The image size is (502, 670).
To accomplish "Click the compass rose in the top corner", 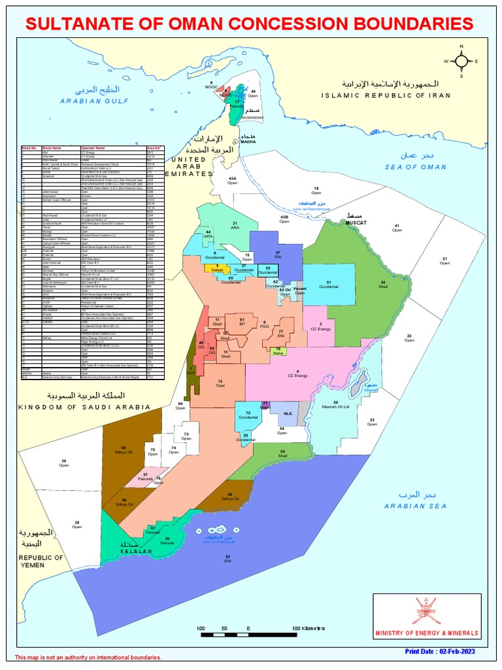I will point(461,61).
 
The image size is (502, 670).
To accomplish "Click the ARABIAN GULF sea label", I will point(95,101).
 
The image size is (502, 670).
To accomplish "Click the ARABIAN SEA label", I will point(415,506).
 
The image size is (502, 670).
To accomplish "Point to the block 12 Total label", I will point(220,383).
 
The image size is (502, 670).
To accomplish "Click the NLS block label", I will point(288,414).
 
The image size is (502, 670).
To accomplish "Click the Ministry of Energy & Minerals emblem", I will point(426,610).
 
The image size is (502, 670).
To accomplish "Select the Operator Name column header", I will point(93,149).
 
